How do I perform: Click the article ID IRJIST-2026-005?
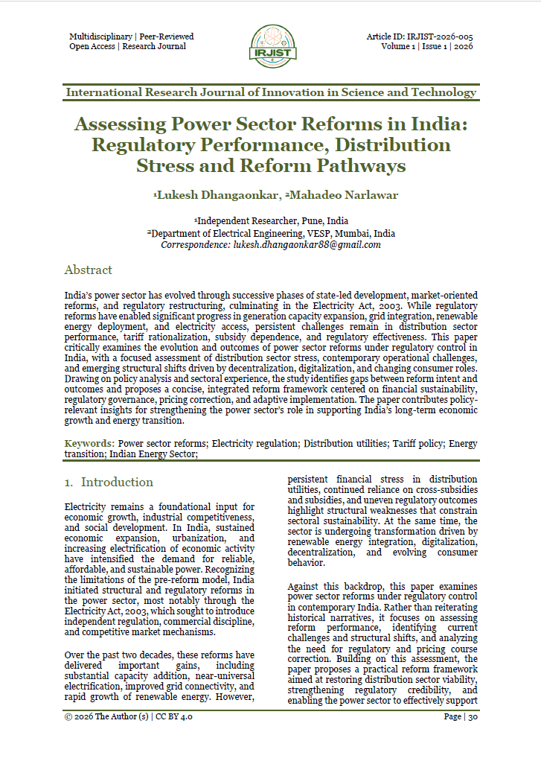[420, 36]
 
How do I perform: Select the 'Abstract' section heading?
[88, 270]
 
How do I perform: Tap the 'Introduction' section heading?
[117, 482]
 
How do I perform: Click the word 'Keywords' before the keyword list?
[88, 443]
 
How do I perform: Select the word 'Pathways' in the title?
[354, 165]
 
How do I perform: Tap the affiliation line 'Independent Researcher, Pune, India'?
[271, 221]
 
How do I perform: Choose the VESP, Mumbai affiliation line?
[271, 233]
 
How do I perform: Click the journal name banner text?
[271, 92]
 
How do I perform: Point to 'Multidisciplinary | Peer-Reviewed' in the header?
[131, 36]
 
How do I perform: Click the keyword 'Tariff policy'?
[419, 443]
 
